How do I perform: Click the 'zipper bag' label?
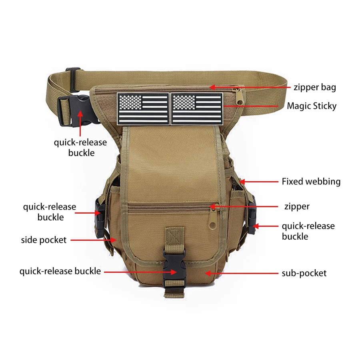pos(315,88)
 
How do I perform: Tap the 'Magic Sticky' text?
pos(312,106)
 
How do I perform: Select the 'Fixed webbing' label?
pos(311,181)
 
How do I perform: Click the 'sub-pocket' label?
pos(304,273)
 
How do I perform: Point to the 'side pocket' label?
pos(44,240)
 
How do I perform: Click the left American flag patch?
pos(143,109)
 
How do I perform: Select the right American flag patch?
pos(197,109)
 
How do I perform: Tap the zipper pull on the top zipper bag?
pos(240,96)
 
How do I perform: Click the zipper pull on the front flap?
pos(213,218)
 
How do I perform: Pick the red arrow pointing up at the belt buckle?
pos(80,123)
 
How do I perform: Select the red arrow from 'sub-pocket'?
pos(241,273)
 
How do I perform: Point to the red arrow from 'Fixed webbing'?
pos(258,182)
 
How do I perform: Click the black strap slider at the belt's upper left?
pos(73,79)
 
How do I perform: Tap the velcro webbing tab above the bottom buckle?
pos(175,238)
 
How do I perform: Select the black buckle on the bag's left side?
pos(100,218)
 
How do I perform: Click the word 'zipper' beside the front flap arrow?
pos(297,206)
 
